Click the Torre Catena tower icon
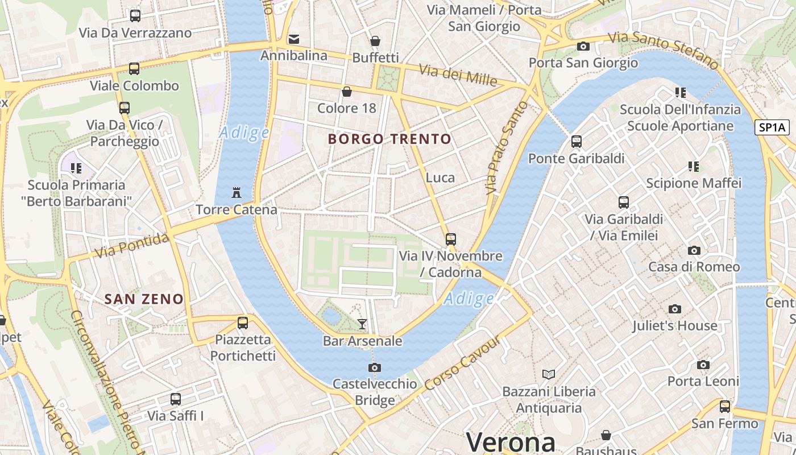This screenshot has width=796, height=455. coord(237,193)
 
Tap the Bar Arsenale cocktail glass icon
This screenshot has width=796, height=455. coord(362,324)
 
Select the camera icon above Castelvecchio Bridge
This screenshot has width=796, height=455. coord(374,367)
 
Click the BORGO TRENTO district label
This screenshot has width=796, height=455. coord(389,139)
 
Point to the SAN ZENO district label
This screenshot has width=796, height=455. coord(144,299)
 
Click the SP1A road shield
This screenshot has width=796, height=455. coord(772,127)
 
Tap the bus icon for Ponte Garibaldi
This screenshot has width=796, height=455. coord(577,142)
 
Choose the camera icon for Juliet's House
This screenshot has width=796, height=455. coord(675,309)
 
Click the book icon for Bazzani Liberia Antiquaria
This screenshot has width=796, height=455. coord(548,374)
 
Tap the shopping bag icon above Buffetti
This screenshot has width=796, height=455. coord(375,41)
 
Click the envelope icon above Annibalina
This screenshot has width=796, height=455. coord(294,39)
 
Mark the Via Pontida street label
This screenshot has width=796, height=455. coord(132,245)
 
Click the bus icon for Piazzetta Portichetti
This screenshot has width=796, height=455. coord(243,323)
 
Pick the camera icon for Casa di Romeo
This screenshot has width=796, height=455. coord(694,251)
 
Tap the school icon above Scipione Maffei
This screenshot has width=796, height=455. coord(693,167)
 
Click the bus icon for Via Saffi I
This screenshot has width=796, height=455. coord(176,399)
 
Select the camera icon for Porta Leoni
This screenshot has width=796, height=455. coord(703,365)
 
